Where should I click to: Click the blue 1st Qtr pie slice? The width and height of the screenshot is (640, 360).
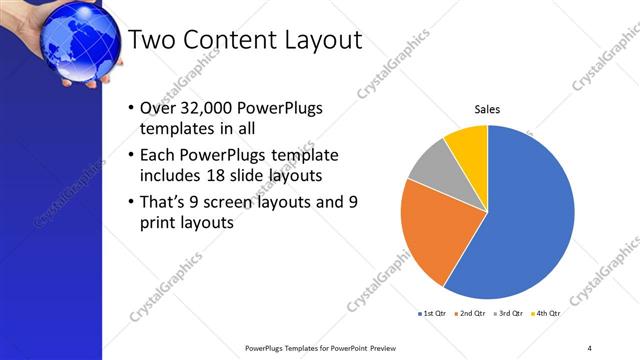pos(525,215)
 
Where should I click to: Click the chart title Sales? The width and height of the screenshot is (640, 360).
pos(486,109)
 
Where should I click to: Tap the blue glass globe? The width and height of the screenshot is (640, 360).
pos(76,40)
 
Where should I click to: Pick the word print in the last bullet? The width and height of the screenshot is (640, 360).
pos(161,224)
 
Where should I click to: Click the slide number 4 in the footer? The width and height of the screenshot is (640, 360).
pos(589,348)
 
